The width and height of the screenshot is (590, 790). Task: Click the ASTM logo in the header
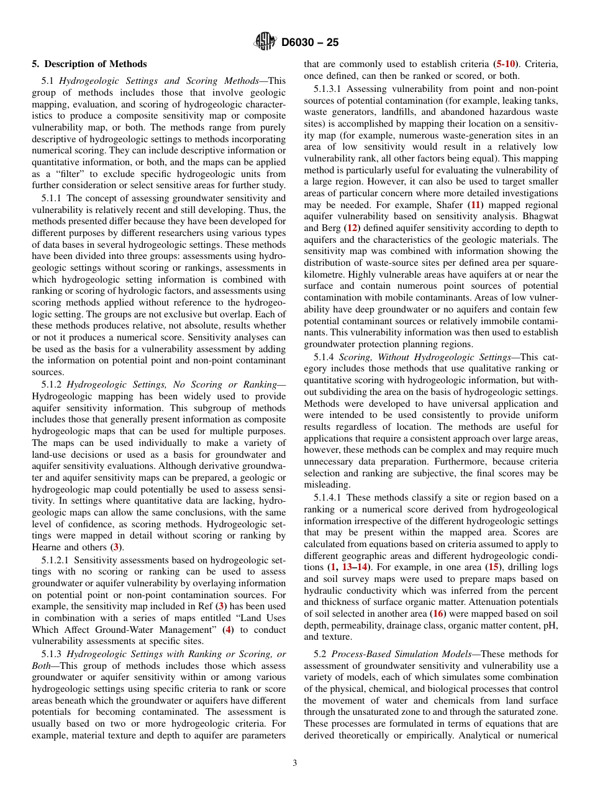click(265, 43)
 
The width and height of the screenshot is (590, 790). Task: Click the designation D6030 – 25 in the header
click(309, 43)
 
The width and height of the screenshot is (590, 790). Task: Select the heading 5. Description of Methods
click(89, 64)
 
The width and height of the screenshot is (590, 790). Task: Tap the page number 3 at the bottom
click(294, 763)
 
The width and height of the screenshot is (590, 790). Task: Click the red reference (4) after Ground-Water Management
click(228, 630)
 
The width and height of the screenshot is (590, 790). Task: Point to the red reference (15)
click(493, 568)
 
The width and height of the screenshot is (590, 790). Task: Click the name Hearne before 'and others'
click(47, 547)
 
